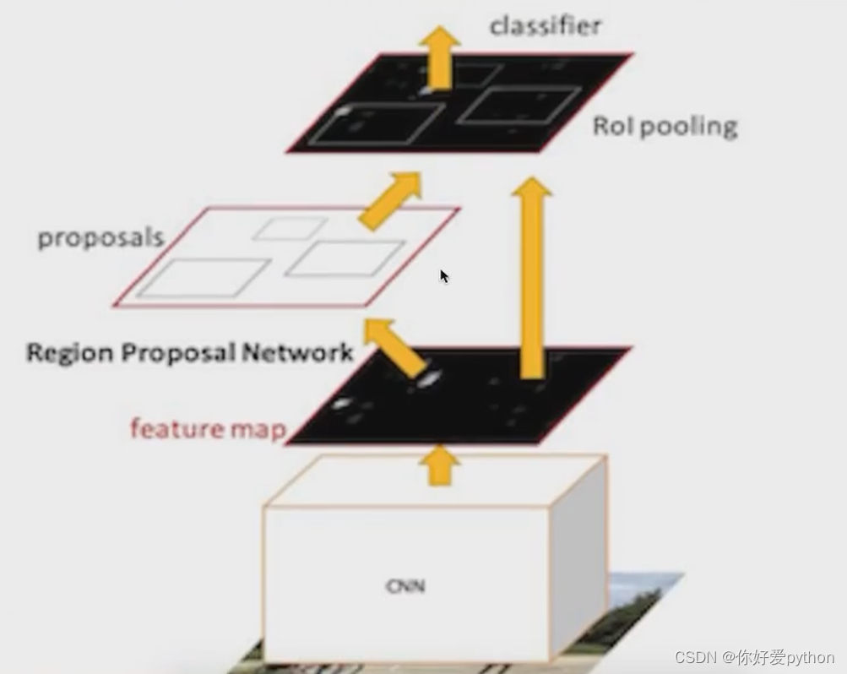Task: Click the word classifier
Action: pyautogui.click(x=546, y=26)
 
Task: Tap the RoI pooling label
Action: pyautogui.click(x=665, y=127)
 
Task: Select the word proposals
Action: pyautogui.click(x=100, y=238)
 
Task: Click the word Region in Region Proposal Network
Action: pyautogui.click(x=70, y=353)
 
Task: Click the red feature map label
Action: pyautogui.click(x=208, y=429)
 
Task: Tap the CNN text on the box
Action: pyautogui.click(x=405, y=585)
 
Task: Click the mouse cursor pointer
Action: pyautogui.click(x=444, y=276)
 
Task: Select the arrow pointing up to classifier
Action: pyautogui.click(x=441, y=55)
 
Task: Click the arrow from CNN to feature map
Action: pyautogui.click(x=439, y=466)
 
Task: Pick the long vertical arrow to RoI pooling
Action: pyautogui.click(x=532, y=279)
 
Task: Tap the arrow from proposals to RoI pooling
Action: pyautogui.click(x=390, y=200)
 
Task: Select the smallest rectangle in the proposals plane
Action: pyautogui.click(x=290, y=228)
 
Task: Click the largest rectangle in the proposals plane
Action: pyautogui.click(x=204, y=278)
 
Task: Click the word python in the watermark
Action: pyautogui.click(x=810, y=658)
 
